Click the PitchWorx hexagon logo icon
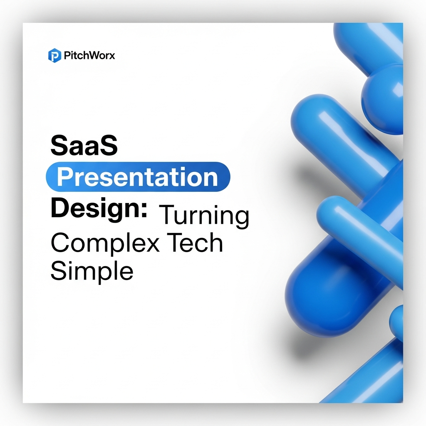(54, 55)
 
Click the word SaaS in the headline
(84, 146)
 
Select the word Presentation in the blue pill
(137, 177)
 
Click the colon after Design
(144, 210)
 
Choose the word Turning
(204, 216)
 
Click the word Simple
(92, 270)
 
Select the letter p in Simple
(107, 274)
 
